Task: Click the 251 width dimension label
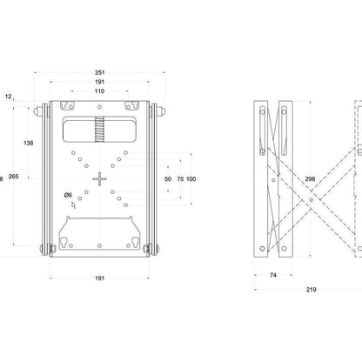(99, 72)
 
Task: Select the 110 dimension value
(99, 91)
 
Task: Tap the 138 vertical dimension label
(29, 143)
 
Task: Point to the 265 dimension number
(13, 176)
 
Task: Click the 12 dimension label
(9, 97)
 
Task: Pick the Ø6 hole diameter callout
(68, 195)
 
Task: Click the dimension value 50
(168, 179)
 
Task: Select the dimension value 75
(180, 179)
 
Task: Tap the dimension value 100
(191, 179)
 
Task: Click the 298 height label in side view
(310, 179)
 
